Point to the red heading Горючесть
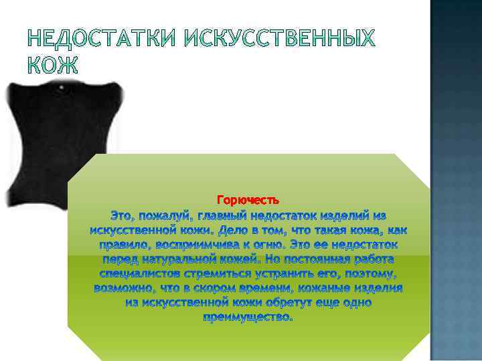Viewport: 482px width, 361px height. (x=248, y=200)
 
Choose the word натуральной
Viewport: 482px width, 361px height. (x=184, y=259)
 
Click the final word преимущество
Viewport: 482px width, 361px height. (x=248, y=318)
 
